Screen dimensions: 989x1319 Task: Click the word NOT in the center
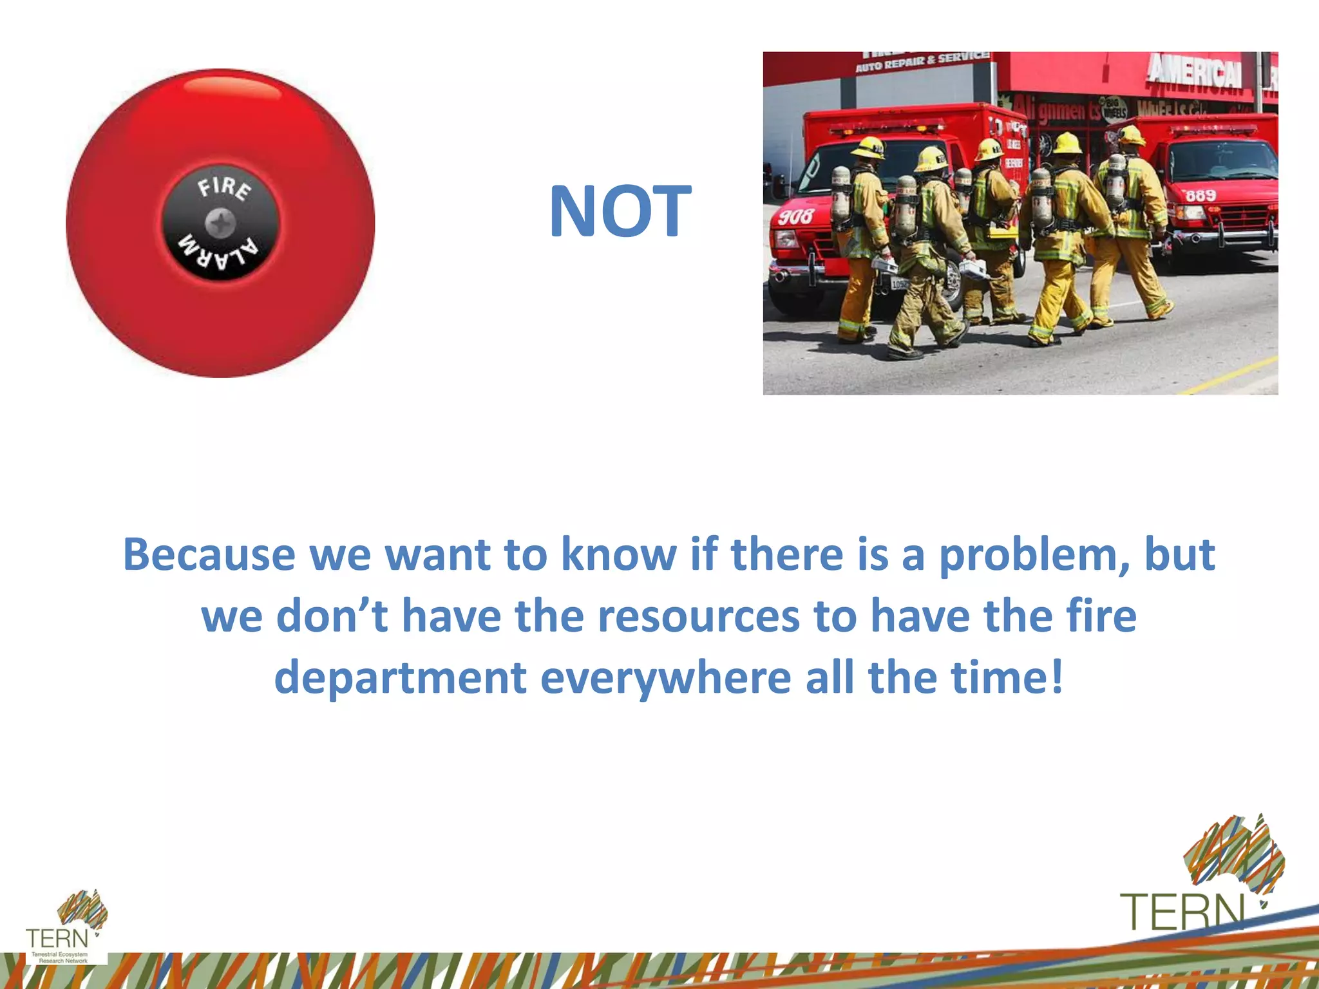[620, 211]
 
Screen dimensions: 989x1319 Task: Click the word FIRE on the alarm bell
[224, 188]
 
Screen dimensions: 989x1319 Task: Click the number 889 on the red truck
[1201, 195]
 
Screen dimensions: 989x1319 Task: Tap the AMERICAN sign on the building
[1195, 71]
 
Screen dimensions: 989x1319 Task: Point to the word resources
[699, 616]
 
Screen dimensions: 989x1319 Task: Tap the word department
[400, 678]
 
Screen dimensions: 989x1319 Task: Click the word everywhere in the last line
[665, 678]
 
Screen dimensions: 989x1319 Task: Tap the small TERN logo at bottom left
[57, 938]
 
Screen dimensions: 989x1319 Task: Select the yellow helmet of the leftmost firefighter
[868, 147]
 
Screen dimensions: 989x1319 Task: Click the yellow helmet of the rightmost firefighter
[1130, 136]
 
